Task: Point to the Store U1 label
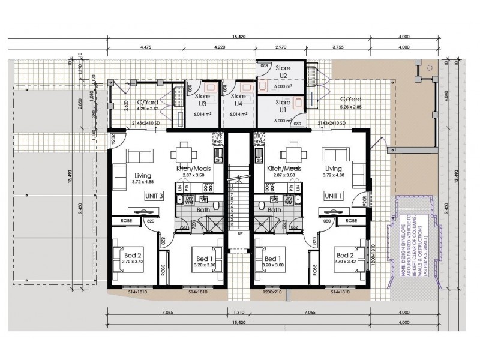click(x=283, y=107)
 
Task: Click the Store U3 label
click(x=203, y=100)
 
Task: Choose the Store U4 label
click(x=239, y=100)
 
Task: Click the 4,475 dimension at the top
click(x=145, y=46)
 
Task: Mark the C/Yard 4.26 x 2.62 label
click(x=147, y=106)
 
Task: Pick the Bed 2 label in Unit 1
click(x=344, y=255)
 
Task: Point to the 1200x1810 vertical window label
click(x=374, y=257)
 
